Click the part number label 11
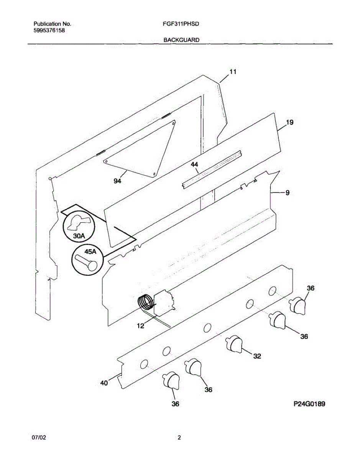[233, 72]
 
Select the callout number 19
[290, 123]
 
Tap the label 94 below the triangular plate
[117, 181]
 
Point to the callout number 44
[194, 164]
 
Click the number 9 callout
[287, 193]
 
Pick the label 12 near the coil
[141, 326]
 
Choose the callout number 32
[257, 356]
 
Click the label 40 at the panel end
[104, 382]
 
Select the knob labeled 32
[233, 343]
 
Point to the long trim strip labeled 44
[212, 168]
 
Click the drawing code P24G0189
[309, 404]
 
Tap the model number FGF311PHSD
[180, 24]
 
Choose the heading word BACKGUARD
[181, 39]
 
